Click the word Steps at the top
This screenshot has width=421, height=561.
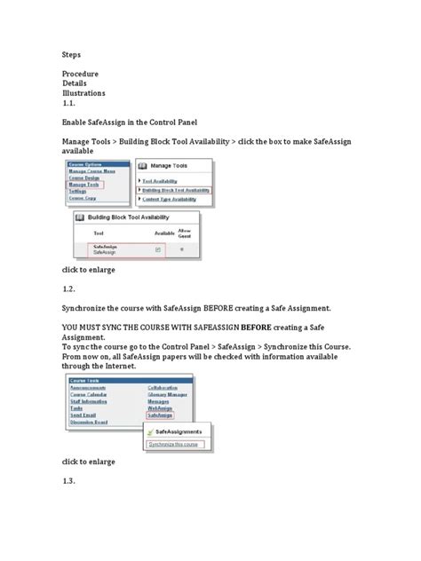[x=72, y=54]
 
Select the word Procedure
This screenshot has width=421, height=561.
[x=80, y=73]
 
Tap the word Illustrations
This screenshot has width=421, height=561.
[x=83, y=92]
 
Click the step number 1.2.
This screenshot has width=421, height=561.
[x=70, y=288]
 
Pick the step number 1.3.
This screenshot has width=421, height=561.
[x=70, y=481]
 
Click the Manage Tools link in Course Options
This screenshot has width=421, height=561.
[x=85, y=185]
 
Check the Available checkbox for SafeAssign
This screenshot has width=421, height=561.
[x=157, y=250]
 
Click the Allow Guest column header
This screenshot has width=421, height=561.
[x=184, y=232]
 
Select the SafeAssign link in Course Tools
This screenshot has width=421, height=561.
[x=161, y=390]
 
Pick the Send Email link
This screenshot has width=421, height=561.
[x=84, y=389]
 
